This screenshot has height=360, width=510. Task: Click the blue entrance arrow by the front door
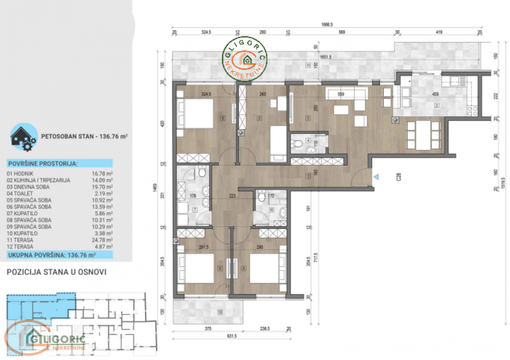pos(376,177)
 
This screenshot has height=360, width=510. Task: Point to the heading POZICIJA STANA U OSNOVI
pos(56,272)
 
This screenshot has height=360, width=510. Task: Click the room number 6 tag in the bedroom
pos(223,119)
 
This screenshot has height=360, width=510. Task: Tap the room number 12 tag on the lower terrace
pos(219,312)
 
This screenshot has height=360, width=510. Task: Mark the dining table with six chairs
pos(423,134)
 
